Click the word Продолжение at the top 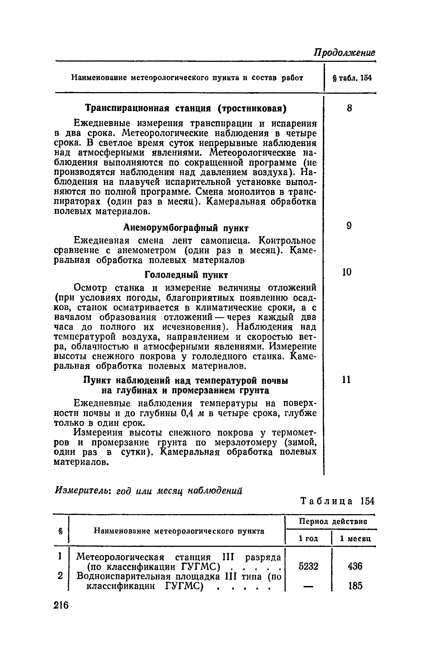pos(344,52)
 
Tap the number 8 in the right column pos(349,108)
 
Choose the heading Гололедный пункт pos(186,275)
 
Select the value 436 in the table pos(355,566)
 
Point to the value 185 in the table pos(355,586)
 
